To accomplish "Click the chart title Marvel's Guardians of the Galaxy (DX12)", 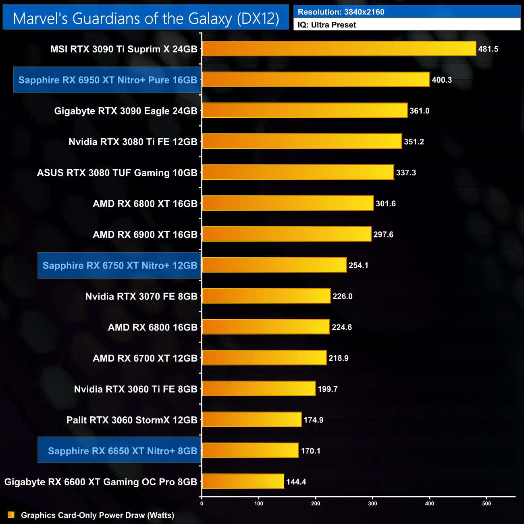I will [x=146, y=19].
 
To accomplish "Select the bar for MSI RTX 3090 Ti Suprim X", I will [x=339, y=49].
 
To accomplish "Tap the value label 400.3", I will [x=442, y=80].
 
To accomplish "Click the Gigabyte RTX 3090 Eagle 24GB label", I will [x=126, y=111].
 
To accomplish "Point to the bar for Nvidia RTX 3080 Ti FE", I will [x=302, y=141].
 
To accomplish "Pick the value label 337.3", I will [x=406, y=173].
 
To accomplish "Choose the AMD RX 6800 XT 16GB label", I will [x=145, y=204].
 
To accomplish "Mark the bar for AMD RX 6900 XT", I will [x=286, y=234].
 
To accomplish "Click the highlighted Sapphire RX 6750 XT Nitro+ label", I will [x=120, y=265].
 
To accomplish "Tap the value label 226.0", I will [x=342, y=296].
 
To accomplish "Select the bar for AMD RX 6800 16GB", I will [x=266, y=327].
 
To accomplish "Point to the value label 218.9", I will [x=338, y=358].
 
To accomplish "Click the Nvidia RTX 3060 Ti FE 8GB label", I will [x=135, y=389].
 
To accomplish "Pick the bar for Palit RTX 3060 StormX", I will [x=252, y=420].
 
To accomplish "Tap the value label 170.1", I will [x=310, y=451].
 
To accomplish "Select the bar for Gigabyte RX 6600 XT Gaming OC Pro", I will [x=243, y=482].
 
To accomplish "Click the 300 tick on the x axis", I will [x=373, y=503].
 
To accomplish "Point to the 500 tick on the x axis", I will [x=487, y=503].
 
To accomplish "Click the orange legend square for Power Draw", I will [x=11, y=515].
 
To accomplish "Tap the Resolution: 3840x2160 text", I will [x=341, y=12].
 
